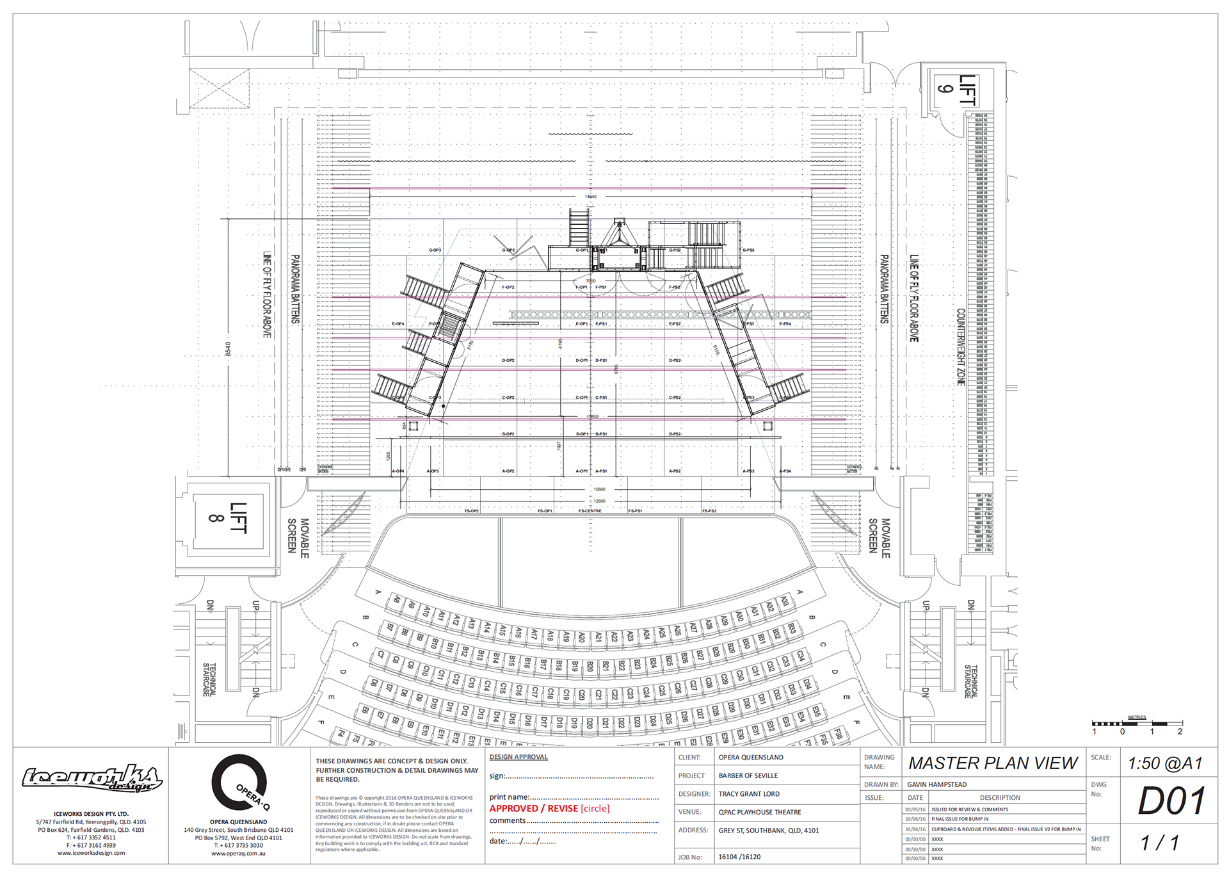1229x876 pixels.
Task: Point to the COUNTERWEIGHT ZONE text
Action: tap(961, 347)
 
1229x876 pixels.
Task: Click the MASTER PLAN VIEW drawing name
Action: tap(993, 763)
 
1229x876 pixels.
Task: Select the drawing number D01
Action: tap(1171, 801)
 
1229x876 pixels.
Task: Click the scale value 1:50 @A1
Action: tap(1165, 763)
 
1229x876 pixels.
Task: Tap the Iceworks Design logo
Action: tap(92, 778)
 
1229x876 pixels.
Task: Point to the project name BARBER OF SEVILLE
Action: tap(748, 775)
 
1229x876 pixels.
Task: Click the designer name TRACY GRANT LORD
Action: tap(749, 794)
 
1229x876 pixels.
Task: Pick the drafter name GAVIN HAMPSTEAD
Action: tap(936, 784)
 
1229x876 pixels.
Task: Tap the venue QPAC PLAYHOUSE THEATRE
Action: tap(760, 812)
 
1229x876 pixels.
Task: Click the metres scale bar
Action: tap(1137, 724)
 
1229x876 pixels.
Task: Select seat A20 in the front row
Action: tap(581, 638)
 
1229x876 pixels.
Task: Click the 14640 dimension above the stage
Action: tap(590, 197)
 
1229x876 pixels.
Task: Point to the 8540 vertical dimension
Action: tap(228, 348)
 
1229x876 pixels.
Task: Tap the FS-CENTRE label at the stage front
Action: tap(590, 511)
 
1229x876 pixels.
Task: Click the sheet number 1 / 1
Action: tap(1159, 843)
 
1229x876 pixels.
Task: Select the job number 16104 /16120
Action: tap(739, 857)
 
